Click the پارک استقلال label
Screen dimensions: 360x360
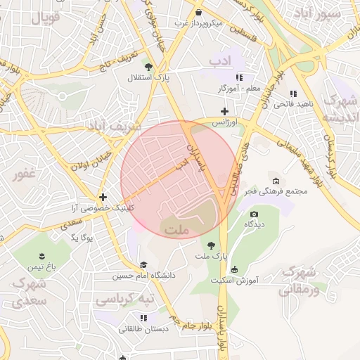point(144,77)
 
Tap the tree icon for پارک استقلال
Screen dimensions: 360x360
point(148,66)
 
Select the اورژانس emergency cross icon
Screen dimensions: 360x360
point(224,111)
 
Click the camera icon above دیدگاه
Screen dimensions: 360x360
point(254,214)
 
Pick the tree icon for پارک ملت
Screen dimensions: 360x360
point(212,246)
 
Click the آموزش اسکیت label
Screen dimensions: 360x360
point(235,280)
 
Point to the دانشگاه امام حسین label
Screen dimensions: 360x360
point(143,276)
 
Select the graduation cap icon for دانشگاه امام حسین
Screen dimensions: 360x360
point(143,265)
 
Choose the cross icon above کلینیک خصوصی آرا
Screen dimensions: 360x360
point(103,198)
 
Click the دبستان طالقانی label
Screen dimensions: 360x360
point(143,328)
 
